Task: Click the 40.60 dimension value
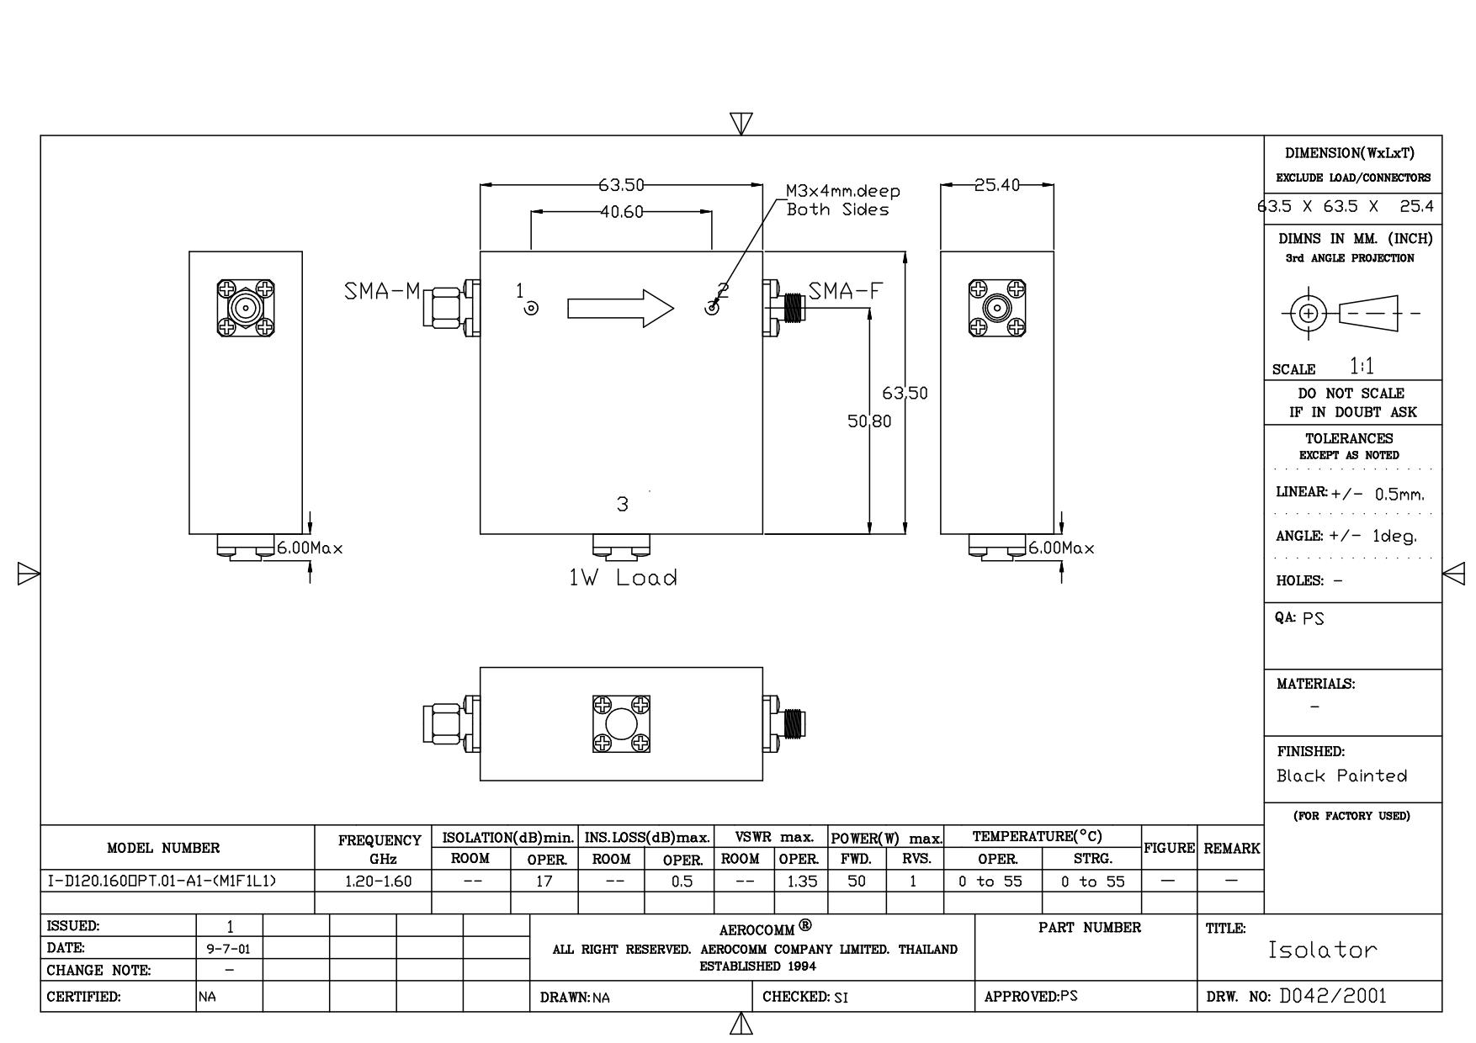[x=621, y=213]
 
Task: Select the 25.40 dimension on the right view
[x=996, y=185]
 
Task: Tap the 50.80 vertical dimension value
[x=869, y=421]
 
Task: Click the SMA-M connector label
[x=382, y=292]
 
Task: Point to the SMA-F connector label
[x=847, y=292]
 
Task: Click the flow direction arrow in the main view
[x=621, y=309]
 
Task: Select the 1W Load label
[x=623, y=578]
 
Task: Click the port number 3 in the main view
[x=622, y=505]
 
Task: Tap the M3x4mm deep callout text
[x=843, y=200]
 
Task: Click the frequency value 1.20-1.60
[x=373, y=882]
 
